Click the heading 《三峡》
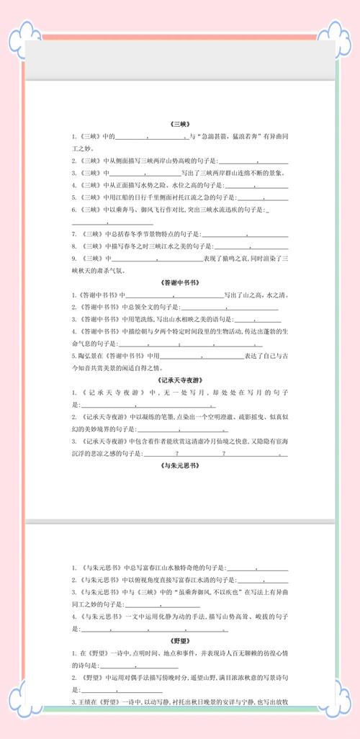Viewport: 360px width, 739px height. pyautogui.click(x=179, y=122)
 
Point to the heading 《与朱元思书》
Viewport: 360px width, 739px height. pyautogui.click(x=179, y=466)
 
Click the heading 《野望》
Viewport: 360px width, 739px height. pyautogui.click(x=179, y=639)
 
